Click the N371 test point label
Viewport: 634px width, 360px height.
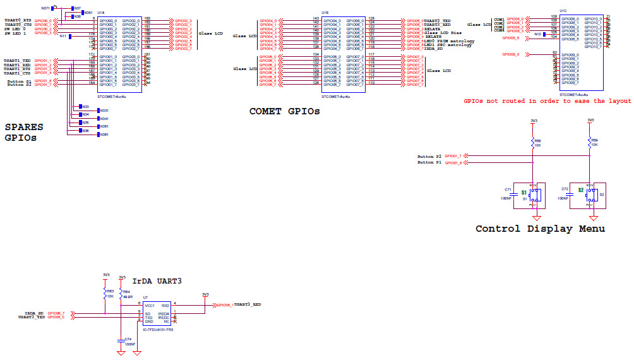(x=45, y=8)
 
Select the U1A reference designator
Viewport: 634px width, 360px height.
(x=101, y=13)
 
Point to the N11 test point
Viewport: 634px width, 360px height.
(x=64, y=37)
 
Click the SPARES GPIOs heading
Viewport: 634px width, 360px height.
(x=25, y=132)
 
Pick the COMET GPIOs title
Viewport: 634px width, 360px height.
(x=284, y=111)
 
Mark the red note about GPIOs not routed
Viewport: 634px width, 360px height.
(x=547, y=101)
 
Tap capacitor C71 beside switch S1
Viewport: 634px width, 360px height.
(x=508, y=189)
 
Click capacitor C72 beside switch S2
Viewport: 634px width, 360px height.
(x=565, y=189)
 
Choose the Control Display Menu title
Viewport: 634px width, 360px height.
(x=540, y=229)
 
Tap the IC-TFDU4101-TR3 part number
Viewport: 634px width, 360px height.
(x=157, y=329)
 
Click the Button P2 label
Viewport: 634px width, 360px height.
(x=430, y=155)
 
